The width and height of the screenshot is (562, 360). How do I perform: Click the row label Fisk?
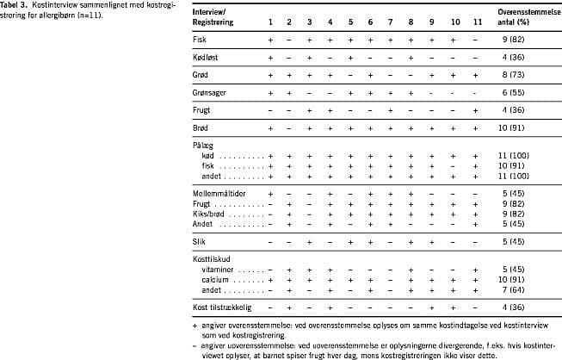(201, 40)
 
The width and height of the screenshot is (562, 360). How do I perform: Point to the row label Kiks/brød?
(210, 214)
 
